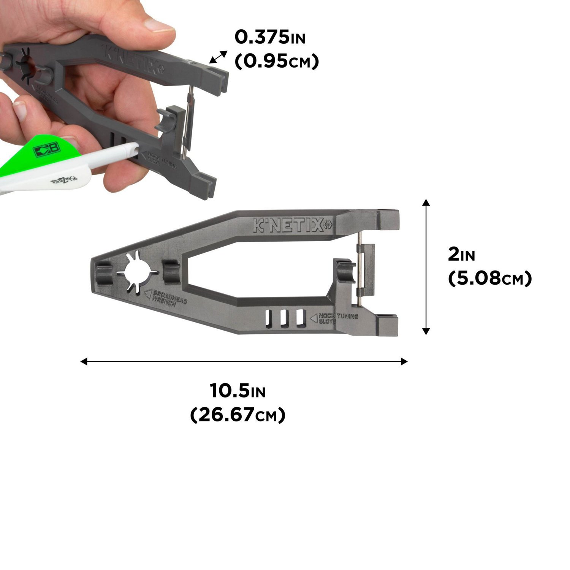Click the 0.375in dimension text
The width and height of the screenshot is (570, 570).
click(270, 37)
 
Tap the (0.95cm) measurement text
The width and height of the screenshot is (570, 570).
click(276, 62)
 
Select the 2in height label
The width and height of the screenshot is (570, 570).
click(461, 255)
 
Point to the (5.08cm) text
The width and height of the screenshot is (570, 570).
click(489, 279)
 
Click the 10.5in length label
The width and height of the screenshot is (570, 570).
click(237, 391)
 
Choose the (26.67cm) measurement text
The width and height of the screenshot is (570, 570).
click(237, 415)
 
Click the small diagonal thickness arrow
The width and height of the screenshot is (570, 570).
click(218, 57)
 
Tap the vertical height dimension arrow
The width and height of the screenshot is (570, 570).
click(426, 266)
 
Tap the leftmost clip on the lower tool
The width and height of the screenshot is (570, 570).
click(104, 273)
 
